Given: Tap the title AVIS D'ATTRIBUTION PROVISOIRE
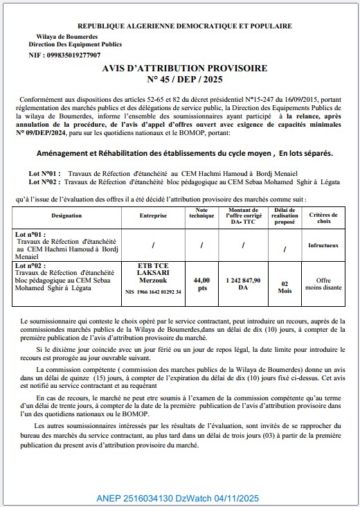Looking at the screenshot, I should point(184,70).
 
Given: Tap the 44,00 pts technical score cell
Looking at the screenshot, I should point(202,284).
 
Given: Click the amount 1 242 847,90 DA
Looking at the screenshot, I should point(243,284).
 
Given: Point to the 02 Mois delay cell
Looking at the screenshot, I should point(285,287).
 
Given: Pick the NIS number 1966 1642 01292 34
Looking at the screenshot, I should point(152,292).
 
